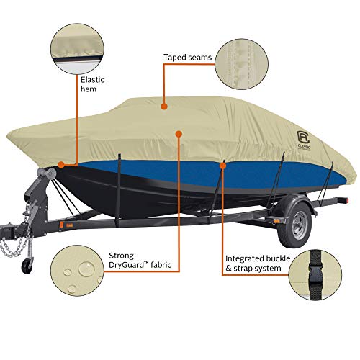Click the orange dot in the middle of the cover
[177, 134]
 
